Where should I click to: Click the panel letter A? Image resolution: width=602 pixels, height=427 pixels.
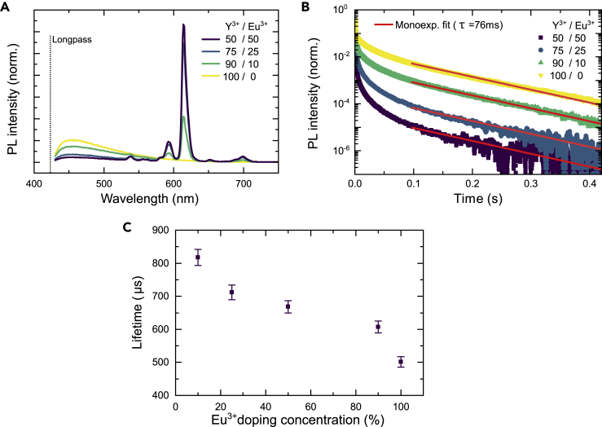[7, 7]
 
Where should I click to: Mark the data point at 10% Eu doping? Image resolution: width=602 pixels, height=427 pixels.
[197, 258]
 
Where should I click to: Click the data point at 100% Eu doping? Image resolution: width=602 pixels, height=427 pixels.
[401, 362]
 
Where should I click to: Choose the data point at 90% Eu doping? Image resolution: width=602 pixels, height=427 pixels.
[378, 328]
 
